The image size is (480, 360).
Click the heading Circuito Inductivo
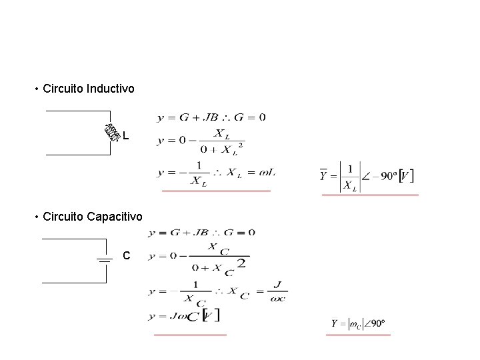[x=88, y=88]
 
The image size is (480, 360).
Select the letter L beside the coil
[x=126, y=137]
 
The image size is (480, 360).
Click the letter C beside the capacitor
[x=127, y=256]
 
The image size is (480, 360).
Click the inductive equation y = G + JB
[x=211, y=118]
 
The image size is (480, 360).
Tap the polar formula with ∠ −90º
[x=367, y=177]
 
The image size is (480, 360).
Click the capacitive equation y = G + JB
[x=201, y=233]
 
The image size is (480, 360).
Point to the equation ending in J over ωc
[x=218, y=292]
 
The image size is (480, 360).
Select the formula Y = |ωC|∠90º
[x=358, y=324]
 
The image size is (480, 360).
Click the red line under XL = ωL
[x=216, y=191]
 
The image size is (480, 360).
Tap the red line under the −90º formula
[x=370, y=195]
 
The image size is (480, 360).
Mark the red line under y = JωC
[x=190, y=334]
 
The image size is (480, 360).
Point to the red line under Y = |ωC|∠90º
[x=358, y=335]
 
